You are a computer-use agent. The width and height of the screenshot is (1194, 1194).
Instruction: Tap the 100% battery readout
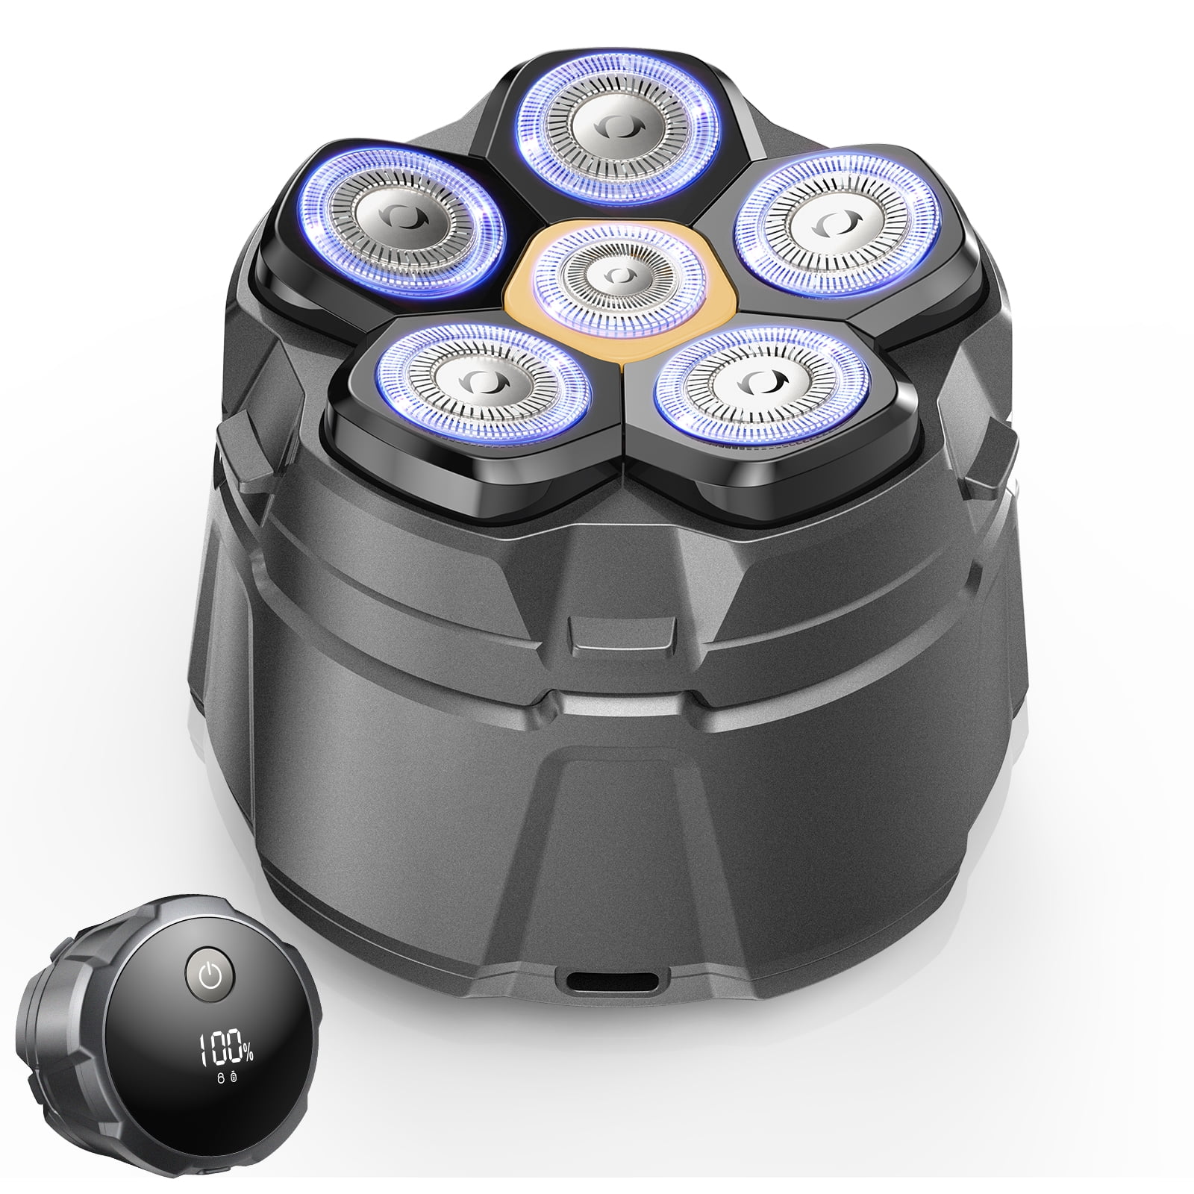pyautogui.click(x=226, y=1051)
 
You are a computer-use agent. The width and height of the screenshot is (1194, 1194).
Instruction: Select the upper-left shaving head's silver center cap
pyautogui.click(x=402, y=216)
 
